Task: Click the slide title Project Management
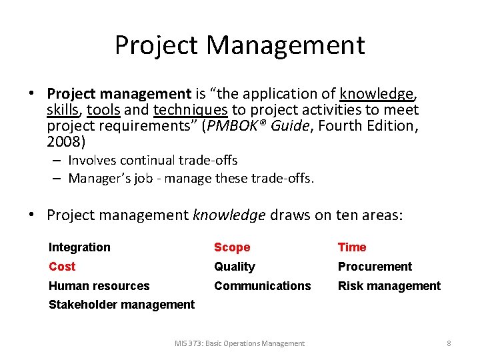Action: (240, 45)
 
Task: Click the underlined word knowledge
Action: (376, 94)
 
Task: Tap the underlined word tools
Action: (103, 110)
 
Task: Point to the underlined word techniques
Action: (190, 110)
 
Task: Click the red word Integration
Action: (79, 247)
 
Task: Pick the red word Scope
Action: (232, 247)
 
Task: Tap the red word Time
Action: (352, 247)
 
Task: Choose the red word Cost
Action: (62, 267)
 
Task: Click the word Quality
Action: (235, 267)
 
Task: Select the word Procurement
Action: (375, 267)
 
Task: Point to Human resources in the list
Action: (99, 286)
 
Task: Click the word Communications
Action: (262, 286)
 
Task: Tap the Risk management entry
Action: (389, 286)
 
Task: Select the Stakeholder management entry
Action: (122, 305)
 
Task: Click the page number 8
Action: (449, 343)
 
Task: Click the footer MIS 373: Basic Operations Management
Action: (239, 343)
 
